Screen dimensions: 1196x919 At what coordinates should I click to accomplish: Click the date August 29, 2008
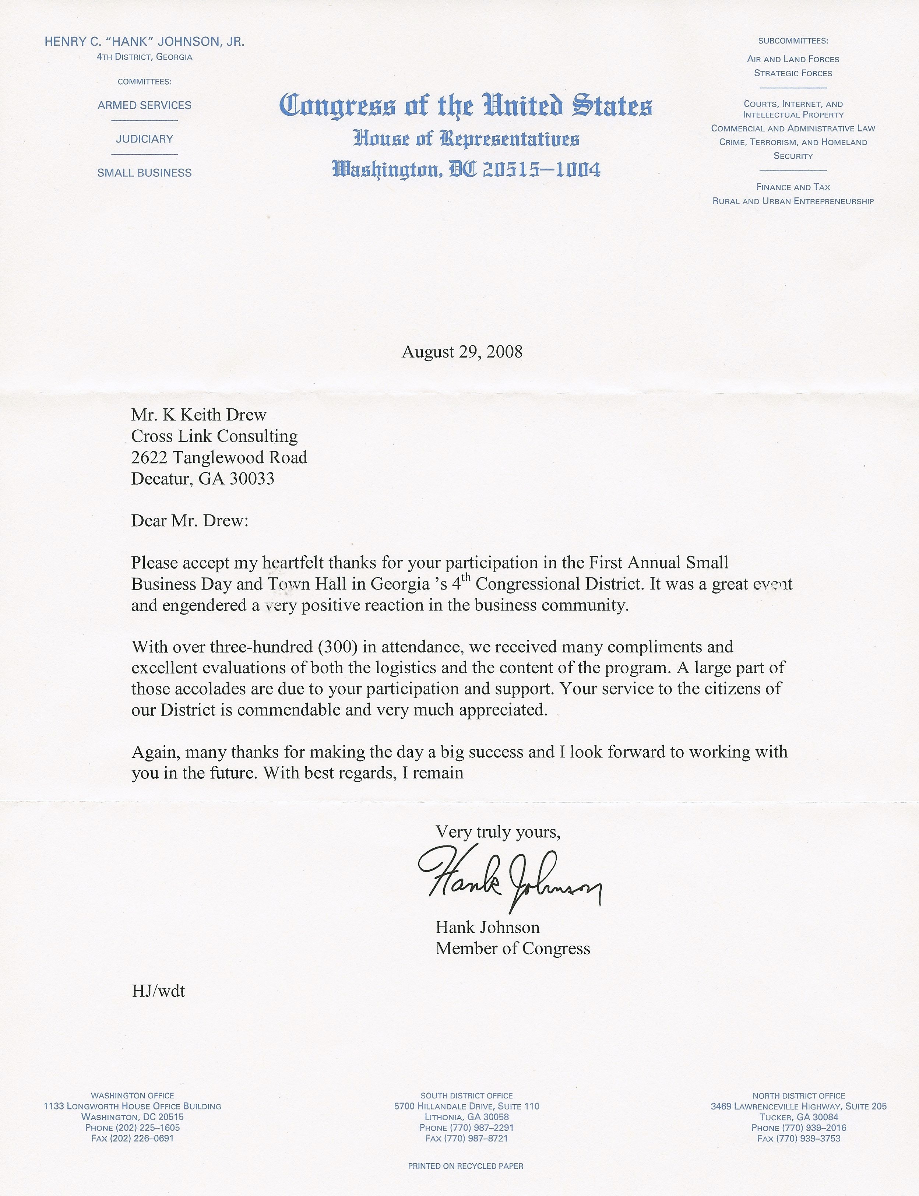(462, 352)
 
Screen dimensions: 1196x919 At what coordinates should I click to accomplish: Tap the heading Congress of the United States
(465, 106)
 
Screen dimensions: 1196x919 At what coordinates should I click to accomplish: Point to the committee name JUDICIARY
(144, 139)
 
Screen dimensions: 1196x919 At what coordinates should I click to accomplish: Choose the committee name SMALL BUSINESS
(144, 173)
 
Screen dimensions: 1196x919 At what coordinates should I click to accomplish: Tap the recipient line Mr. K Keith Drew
(198, 415)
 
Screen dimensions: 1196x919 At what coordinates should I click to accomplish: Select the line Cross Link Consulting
(214, 436)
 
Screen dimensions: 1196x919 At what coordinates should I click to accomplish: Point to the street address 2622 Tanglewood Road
(219, 457)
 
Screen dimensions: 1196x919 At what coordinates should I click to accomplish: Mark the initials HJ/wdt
(158, 991)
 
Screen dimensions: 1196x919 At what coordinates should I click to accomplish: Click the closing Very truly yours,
(498, 832)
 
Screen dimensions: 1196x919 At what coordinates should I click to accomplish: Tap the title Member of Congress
(513, 948)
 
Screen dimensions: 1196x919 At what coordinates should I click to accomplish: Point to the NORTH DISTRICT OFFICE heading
(799, 1096)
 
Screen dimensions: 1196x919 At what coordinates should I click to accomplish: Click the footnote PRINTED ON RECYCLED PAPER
(465, 1166)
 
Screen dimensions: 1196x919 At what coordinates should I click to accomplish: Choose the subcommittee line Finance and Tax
(793, 187)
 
